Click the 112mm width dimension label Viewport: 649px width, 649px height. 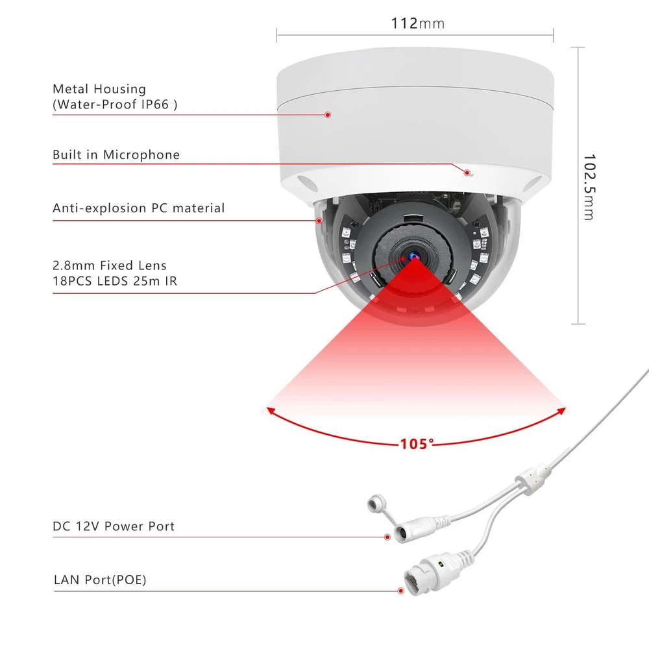pyautogui.click(x=417, y=24)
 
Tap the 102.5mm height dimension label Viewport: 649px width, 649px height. pyautogui.click(x=588, y=187)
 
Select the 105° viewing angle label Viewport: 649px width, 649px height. pyautogui.click(x=416, y=444)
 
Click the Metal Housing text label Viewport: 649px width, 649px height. pyautogui.click(x=99, y=89)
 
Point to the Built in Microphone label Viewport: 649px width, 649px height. pyautogui.click(x=116, y=155)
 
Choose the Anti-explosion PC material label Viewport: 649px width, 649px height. pyautogui.click(x=138, y=208)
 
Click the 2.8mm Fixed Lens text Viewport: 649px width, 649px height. pyautogui.click(x=110, y=265)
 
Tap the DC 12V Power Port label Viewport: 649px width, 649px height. pyautogui.click(x=114, y=526)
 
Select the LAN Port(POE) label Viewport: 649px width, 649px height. pyautogui.click(x=100, y=580)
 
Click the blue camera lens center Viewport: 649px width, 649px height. pyautogui.click(x=411, y=256)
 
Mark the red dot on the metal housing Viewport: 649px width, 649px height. pyautogui.click(x=328, y=115)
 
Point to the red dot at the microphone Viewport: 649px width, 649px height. pyautogui.click(x=466, y=172)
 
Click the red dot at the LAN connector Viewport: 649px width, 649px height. pyautogui.click(x=400, y=590)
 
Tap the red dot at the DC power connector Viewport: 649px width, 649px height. pyautogui.click(x=387, y=537)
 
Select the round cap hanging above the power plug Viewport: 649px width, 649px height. pyautogui.click(x=375, y=504)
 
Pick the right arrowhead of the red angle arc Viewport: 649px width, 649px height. pyautogui.click(x=563, y=410)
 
